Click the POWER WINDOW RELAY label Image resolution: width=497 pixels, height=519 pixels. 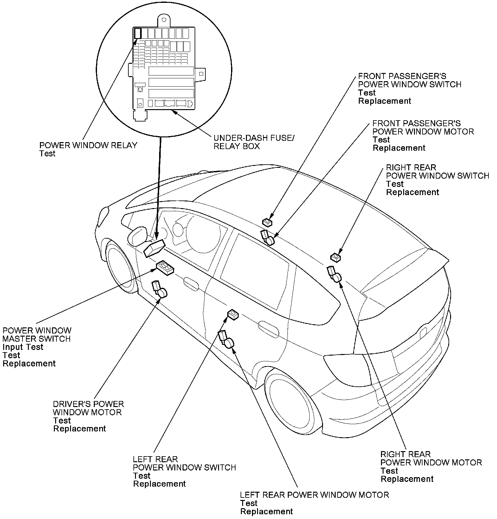coord(88,145)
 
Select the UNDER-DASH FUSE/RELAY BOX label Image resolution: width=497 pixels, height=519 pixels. coord(254,142)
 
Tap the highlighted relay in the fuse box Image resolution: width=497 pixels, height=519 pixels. coord(138,33)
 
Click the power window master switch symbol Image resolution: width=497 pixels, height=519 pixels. coord(165,267)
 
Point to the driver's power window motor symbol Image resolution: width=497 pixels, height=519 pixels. coord(160,289)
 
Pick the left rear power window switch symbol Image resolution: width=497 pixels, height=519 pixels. coord(233,315)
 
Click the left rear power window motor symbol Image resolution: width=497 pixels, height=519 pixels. coord(226,339)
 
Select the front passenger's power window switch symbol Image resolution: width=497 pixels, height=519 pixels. coord(267,222)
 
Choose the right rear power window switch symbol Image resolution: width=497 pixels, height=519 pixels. coord(335,257)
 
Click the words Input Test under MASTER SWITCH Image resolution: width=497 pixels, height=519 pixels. coord(23,347)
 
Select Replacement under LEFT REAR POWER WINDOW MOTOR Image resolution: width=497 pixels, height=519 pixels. coord(267,511)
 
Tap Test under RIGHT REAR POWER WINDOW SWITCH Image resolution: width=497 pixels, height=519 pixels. coord(395,184)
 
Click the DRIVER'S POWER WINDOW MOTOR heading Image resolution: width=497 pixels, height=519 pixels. coord(88,408)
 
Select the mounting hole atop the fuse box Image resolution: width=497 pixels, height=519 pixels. coord(164,20)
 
